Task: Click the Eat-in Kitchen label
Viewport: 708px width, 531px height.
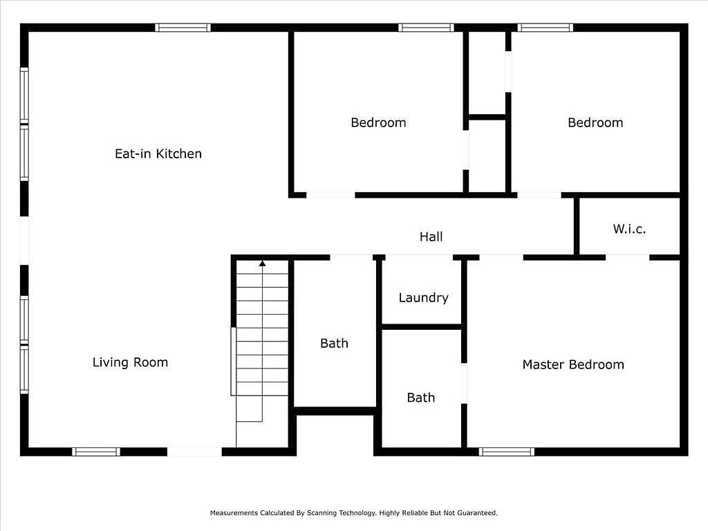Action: (158, 154)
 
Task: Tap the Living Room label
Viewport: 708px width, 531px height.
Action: (130, 362)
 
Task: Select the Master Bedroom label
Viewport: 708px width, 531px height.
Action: (573, 364)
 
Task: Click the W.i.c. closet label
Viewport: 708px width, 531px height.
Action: (629, 229)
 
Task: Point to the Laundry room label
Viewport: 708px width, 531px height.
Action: (424, 297)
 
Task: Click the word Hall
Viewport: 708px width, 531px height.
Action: (431, 236)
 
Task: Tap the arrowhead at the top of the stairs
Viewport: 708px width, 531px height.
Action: (262, 263)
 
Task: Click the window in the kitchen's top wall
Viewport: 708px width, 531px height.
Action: (183, 28)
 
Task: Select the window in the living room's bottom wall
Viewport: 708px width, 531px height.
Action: (96, 451)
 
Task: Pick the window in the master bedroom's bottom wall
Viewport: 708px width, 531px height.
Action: (507, 451)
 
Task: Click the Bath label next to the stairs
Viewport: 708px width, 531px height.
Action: (334, 344)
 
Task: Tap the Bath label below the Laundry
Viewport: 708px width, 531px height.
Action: (421, 398)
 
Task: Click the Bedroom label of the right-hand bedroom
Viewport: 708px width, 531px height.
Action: (595, 123)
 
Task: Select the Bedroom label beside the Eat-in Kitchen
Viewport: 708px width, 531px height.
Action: (378, 123)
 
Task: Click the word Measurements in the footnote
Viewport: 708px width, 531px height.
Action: (234, 513)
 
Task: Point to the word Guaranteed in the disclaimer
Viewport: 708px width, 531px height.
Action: (478, 513)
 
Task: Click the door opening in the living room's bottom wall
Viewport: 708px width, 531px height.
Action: (194, 451)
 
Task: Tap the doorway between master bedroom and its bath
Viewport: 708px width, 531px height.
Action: (464, 383)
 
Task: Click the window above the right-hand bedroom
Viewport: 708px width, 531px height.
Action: (546, 28)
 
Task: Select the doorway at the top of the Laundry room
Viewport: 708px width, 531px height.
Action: (419, 257)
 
